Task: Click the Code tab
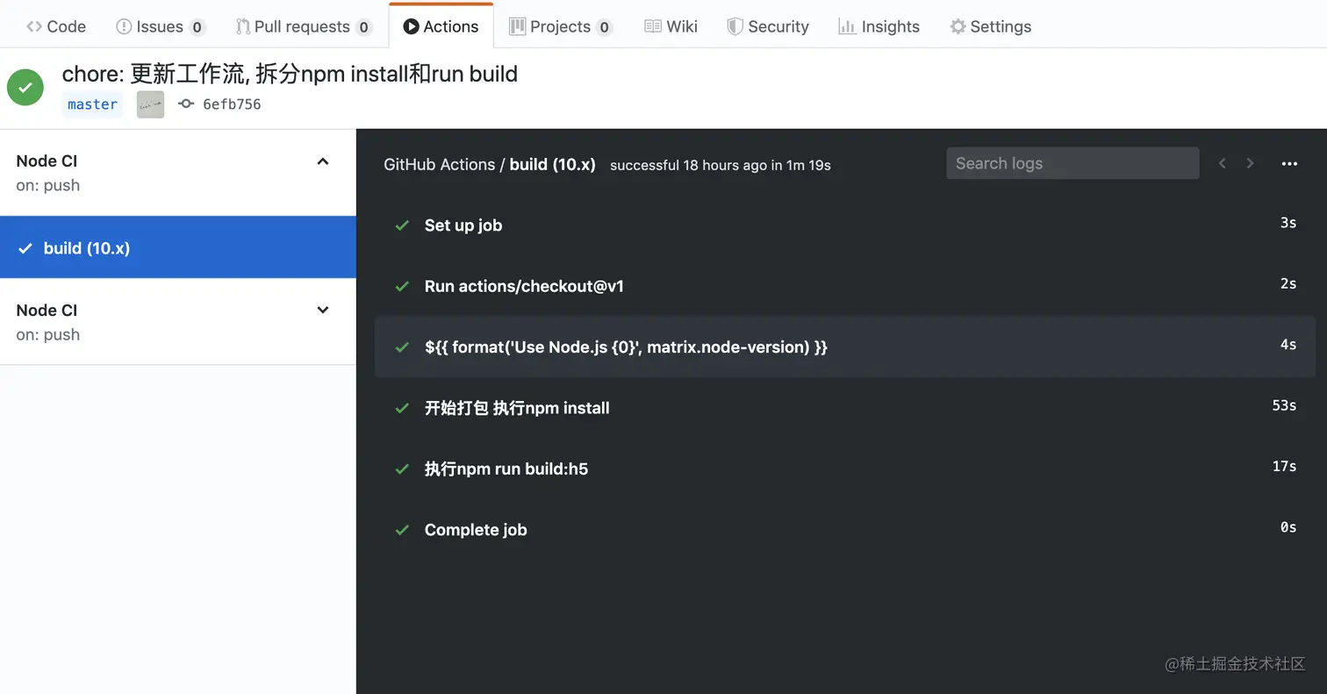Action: (56, 26)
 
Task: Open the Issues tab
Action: (160, 26)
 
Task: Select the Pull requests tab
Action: (304, 26)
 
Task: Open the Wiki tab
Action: (671, 26)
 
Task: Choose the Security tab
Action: (768, 26)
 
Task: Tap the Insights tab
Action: (879, 26)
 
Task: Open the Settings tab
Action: (991, 26)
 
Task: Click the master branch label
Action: (92, 104)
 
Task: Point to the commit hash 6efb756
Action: (232, 104)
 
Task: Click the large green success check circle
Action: (25, 87)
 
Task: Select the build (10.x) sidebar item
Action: (177, 248)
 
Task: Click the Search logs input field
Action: (1072, 163)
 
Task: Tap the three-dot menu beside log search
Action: (1289, 163)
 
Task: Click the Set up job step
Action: (463, 225)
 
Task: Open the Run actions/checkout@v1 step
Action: (524, 286)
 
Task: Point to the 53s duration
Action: (1284, 405)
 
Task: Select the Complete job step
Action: (476, 530)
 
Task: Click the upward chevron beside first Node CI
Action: (323, 161)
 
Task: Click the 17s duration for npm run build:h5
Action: (1284, 466)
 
